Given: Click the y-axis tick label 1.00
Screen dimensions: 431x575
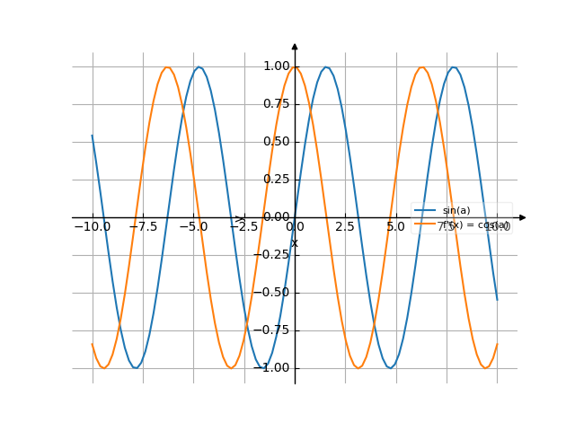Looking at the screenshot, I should (x=277, y=66).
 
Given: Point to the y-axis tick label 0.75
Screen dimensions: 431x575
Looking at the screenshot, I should (x=277, y=104).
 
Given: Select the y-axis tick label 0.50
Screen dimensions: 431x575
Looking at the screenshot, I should (x=277, y=142).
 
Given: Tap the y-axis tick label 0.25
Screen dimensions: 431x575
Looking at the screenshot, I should (x=277, y=180).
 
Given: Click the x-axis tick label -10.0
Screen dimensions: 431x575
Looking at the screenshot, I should (x=92, y=227).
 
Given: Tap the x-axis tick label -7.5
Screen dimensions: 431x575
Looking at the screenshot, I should (x=142, y=227).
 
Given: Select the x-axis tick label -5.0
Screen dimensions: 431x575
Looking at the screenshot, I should (x=193, y=227).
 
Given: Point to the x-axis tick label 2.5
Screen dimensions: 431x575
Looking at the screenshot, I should (x=345, y=227).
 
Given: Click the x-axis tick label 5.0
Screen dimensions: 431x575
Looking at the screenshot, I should (x=396, y=227).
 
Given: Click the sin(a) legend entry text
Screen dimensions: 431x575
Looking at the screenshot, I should (x=456, y=211).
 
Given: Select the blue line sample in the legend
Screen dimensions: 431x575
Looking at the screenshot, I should (x=425, y=211).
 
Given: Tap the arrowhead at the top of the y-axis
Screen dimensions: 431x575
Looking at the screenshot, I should (x=295, y=46).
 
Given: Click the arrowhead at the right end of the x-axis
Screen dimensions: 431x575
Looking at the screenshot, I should (x=523, y=217).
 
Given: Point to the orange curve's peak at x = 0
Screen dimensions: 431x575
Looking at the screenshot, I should (x=295, y=67).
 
